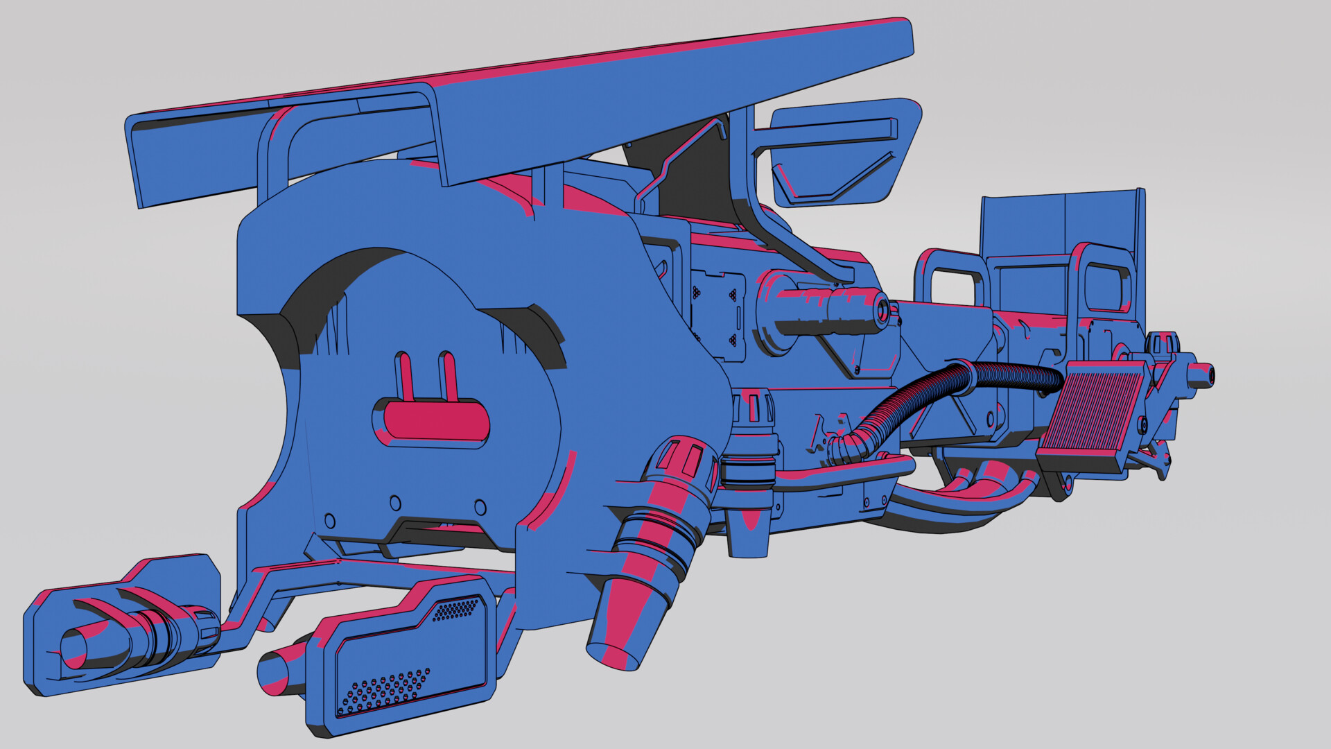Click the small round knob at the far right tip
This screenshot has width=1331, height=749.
tap(1203, 374)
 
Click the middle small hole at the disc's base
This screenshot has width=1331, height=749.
tap(395, 502)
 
